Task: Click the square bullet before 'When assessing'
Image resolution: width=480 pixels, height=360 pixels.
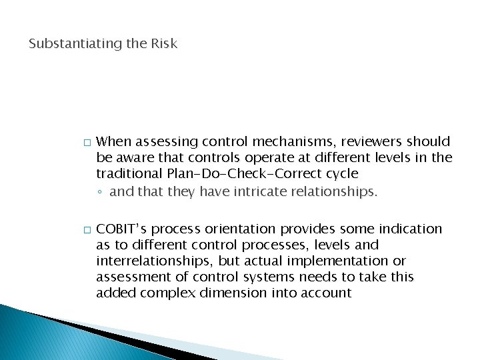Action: point(85,143)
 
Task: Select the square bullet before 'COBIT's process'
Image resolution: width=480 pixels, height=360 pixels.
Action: point(85,230)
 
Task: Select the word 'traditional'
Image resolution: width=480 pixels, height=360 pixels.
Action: point(127,174)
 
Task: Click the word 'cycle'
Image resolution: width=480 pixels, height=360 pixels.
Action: point(342,174)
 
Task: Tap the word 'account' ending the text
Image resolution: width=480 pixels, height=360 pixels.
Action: point(326,293)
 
